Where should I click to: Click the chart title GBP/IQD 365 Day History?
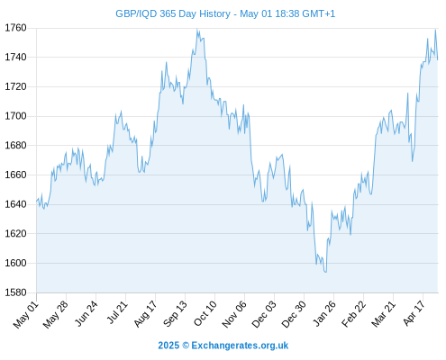173,13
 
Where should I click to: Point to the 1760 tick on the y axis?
15,28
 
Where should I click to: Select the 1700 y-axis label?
15,116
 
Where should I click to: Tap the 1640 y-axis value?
15,204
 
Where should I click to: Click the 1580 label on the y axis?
15,292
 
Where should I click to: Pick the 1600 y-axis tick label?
15,263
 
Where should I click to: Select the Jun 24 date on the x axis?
86,313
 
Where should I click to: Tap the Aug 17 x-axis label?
145,314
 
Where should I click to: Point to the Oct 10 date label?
205,313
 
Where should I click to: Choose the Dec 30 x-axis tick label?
295,314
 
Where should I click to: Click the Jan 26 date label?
324,313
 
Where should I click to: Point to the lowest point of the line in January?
325,272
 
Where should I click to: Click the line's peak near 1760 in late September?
197,29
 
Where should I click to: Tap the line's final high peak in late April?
435,30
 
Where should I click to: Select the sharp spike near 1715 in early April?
408,93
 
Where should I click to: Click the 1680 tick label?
15,146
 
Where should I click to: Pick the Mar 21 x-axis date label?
383,314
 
